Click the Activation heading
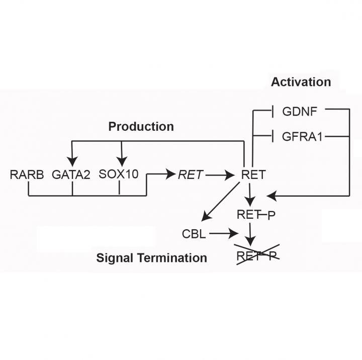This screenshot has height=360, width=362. [301, 82]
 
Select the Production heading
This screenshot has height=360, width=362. [141, 127]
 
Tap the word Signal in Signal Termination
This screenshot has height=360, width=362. [114, 258]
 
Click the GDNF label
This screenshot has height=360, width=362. [300, 111]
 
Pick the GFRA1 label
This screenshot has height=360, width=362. [303, 136]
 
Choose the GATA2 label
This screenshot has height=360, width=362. [71, 175]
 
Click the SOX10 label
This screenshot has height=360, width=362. [119, 175]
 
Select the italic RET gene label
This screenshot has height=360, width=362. [191, 175]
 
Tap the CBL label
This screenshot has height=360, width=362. [194, 234]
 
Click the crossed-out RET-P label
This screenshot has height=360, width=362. [257, 256]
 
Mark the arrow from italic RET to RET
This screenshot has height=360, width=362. [220, 175]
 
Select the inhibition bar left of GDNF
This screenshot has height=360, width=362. [272, 111]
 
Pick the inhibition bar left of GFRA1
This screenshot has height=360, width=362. [272, 136]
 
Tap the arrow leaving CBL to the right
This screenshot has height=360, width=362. [223, 233]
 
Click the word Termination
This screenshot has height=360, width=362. [174, 258]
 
